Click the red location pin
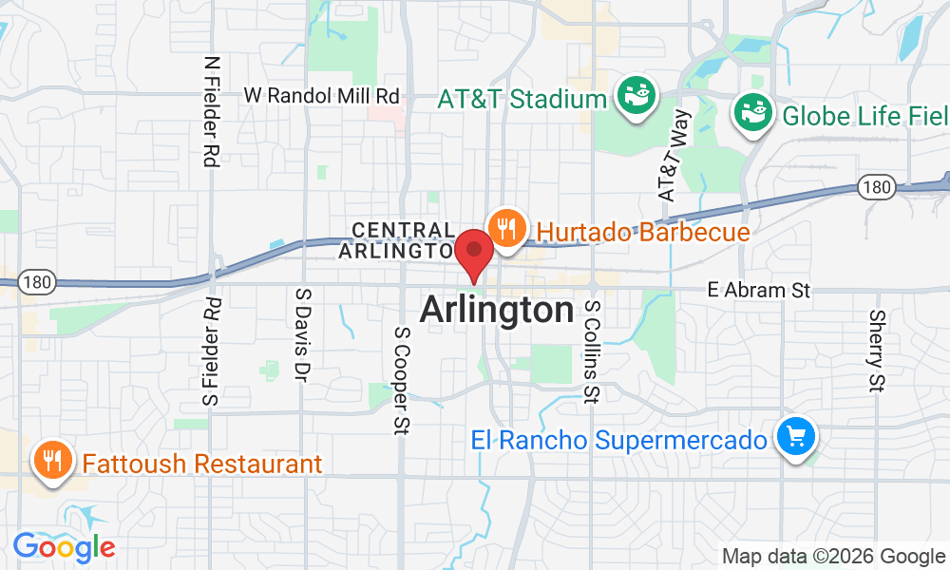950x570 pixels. pyautogui.click(x=473, y=252)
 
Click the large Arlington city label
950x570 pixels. pyautogui.click(x=497, y=311)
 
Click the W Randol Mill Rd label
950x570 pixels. pyautogui.click(x=322, y=96)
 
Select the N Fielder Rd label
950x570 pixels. pyautogui.click(x=211, y=111)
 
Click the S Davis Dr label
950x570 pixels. pyautogui.click(x=303, y=335)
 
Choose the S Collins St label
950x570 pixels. pyautogui.click(x=592, y=351)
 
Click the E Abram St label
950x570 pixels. pyautogui.click(x=759, y=291)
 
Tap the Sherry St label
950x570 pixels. pyautogui.click(x=877, y=351)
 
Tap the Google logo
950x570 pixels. pyautogui.click(x=64, y=547)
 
